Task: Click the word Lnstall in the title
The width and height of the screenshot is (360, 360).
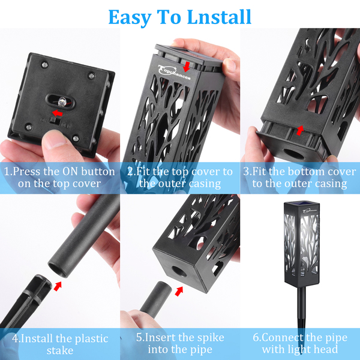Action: coord(219,17)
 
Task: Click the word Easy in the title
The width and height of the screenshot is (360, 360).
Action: coord(130,18)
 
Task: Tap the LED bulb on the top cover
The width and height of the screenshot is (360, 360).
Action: coord(62,102)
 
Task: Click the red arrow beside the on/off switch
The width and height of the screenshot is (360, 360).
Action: coord(57,113)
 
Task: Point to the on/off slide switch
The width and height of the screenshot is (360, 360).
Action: coord(56,121)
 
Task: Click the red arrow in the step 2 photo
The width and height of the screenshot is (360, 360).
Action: coord(187,67)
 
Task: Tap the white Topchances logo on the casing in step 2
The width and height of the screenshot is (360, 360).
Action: coord(174,73)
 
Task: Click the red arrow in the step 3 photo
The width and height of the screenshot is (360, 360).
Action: coord(299,130)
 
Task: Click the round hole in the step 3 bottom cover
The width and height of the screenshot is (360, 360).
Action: coord(293,154)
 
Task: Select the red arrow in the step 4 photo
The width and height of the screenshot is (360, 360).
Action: coord(58,286)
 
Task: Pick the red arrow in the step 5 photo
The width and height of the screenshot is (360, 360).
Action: coord(179,292)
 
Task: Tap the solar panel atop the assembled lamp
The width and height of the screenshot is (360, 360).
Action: coord(301,203)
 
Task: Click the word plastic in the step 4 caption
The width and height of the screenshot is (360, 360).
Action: coord(92,339)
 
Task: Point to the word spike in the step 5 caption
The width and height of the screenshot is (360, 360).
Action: coord(211,338)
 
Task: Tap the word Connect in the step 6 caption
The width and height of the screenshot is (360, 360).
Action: coord(283,337)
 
